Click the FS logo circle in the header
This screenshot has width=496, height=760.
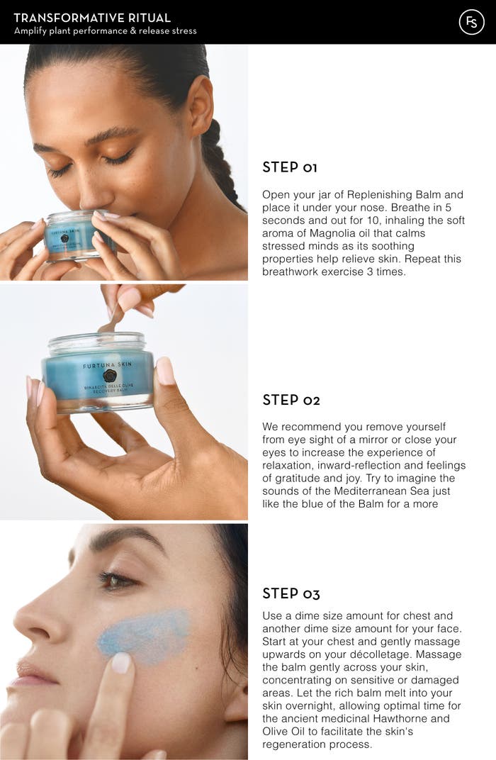coord(471,22)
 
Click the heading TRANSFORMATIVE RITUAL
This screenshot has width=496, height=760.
coord(92,18)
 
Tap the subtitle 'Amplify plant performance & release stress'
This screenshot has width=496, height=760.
coord(106,31)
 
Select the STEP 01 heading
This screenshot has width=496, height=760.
coord(290,167)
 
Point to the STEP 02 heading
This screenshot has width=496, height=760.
coord(291,400)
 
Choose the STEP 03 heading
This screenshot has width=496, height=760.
coord(291,593)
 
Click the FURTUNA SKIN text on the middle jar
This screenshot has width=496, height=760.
coord(108,366)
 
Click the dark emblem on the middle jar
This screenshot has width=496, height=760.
coord(109,376)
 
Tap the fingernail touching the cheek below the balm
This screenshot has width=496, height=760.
coord(121,662)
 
